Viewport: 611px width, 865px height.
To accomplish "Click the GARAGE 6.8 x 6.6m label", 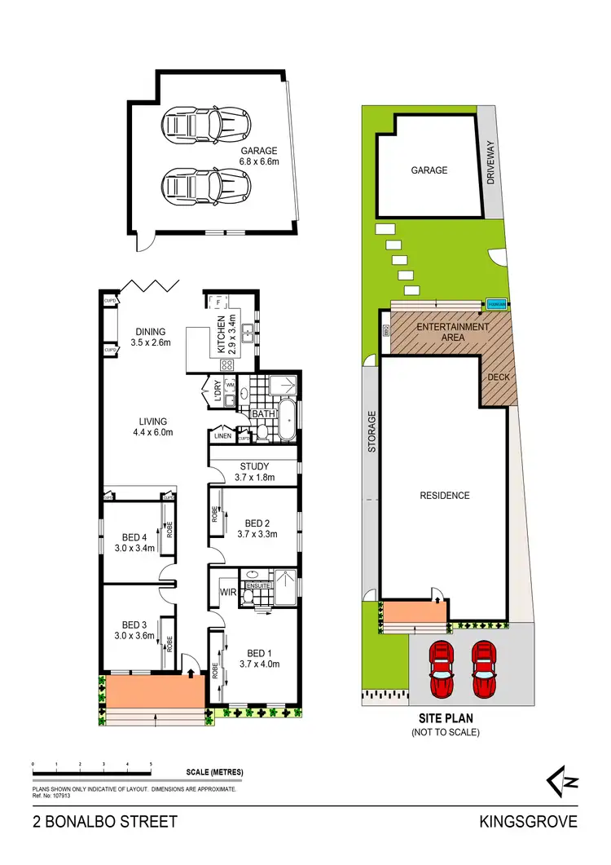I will pos(258,156).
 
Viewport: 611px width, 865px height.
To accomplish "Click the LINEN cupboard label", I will pos(222,437).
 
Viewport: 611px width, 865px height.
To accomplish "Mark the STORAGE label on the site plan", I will pos(372,431).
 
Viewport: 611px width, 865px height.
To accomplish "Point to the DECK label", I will pos(497,377).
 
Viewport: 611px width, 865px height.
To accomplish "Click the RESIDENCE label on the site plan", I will pos(445,496).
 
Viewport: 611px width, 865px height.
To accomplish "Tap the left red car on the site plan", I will pos(441,669).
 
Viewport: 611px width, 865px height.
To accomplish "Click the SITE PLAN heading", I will pos(446,719).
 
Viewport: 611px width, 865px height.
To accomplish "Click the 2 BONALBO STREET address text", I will pos(104,822).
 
